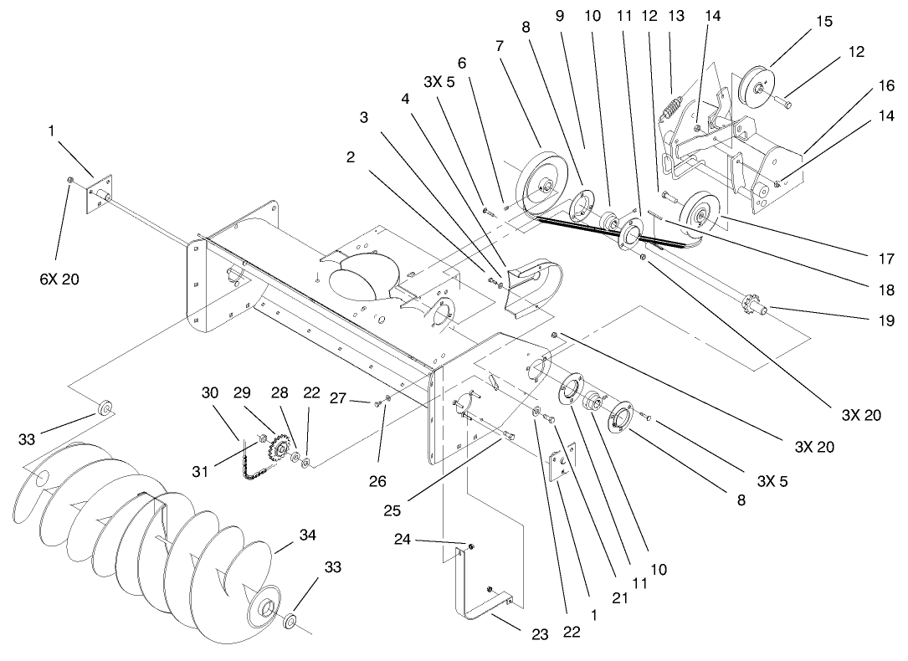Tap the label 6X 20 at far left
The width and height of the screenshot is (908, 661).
coord(58,279)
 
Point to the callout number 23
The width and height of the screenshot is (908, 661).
coord(541,635)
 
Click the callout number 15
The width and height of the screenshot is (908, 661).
coord(824,23)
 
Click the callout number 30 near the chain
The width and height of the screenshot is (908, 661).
coord(209,392)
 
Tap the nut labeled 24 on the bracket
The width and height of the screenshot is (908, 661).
coord(471,547)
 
